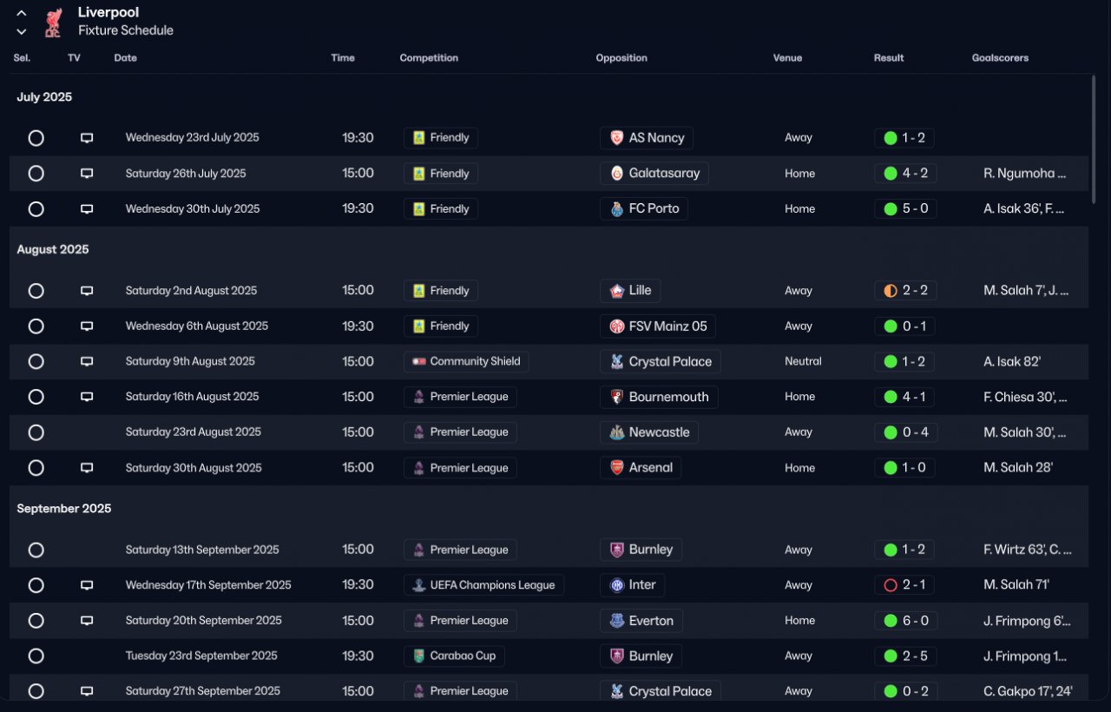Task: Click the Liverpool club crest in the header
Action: [x=54, y=23]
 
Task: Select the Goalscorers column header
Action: [x=1000, y=58]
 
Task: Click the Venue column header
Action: [x=787, y=58]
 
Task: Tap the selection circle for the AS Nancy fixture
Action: [x=36, y=138]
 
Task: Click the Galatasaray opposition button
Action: [x=654, y=174]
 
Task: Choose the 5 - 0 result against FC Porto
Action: [x=905, y=208]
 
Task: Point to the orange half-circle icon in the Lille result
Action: [x=890, y=291]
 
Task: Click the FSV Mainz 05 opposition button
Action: [x=657, y=326]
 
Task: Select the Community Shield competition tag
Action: [x=466, y=361]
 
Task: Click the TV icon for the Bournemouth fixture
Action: [x=87, y=397]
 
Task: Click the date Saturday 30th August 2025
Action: [x=194, y=468]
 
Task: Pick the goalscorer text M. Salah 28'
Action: [x=1018, y=468]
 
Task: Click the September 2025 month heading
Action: [x=64, y=509]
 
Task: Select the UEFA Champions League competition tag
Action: [x=483, y=585]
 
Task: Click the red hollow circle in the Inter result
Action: [x=890, y=585]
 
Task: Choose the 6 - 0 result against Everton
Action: [x=905, y=621]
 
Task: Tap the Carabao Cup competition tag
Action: [x=454, y=656]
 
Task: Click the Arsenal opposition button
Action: [x=641, y=468]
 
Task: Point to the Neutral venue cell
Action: [x=803, y=361]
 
